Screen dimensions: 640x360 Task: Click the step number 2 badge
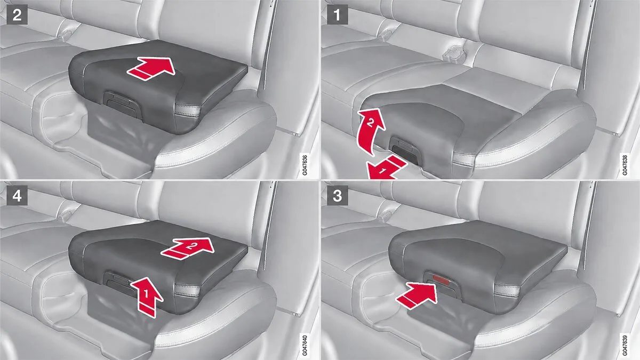pos(17,14)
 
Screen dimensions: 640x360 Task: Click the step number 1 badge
pos(338,14)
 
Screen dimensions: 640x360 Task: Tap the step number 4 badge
pos(17,195)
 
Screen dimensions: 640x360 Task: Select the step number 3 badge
pos(338,195)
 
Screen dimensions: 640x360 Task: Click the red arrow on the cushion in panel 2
pos(151,68)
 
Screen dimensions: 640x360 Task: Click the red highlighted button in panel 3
pos(442,278)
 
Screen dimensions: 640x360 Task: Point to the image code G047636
pos(305,165)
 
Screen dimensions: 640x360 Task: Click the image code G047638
pos(625,165)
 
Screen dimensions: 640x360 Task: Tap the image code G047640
pos(305,346)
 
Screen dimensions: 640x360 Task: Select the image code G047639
pos(625,346)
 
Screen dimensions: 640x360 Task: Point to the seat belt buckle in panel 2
pos(68,33)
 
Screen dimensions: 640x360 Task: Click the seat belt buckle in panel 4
pos(68,213)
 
